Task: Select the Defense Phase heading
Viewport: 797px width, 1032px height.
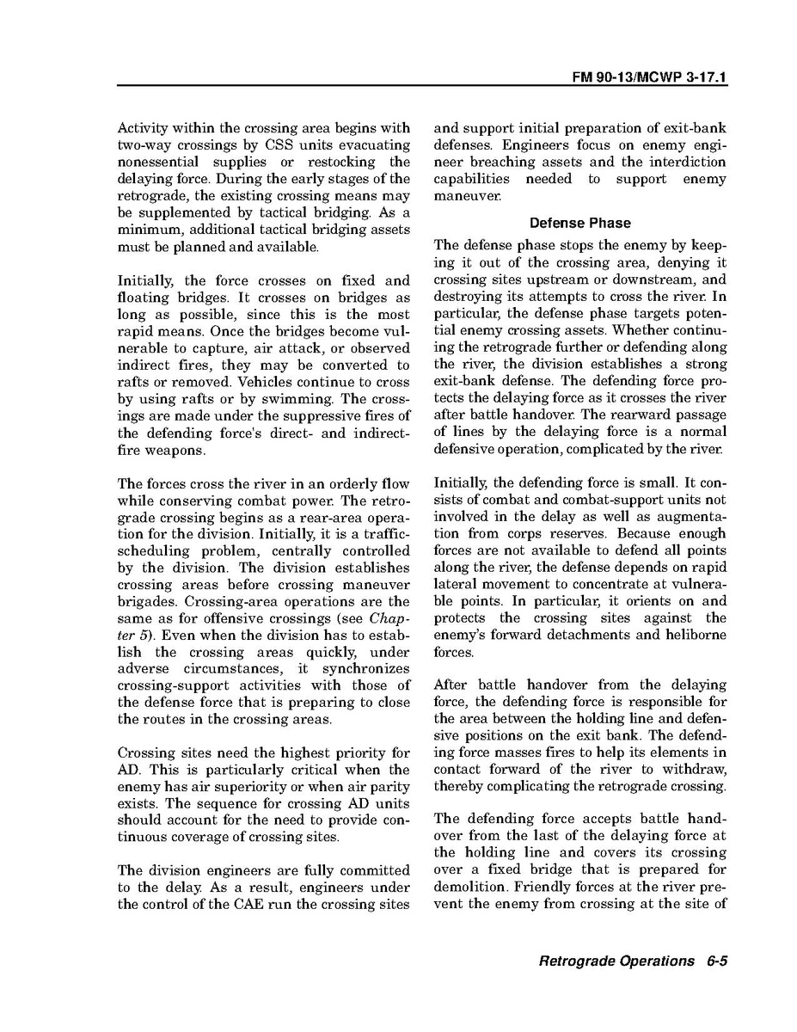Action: (580, 223)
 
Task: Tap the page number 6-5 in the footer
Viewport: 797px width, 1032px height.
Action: (714, 961)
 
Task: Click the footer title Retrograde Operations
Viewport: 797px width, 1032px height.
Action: (616, 961)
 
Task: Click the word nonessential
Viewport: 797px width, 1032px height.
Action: (157, 162)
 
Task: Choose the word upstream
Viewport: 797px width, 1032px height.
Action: (550, 280)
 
